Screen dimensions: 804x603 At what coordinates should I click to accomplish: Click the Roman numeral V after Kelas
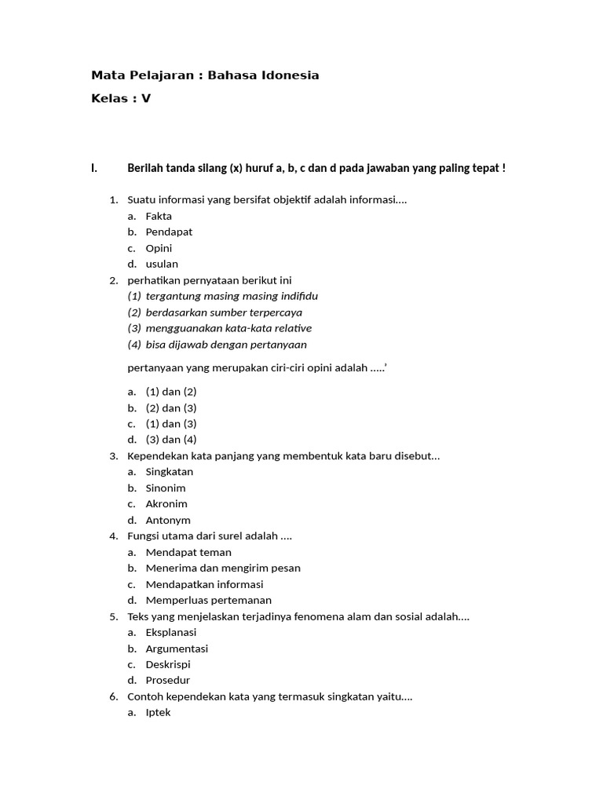(146, 99)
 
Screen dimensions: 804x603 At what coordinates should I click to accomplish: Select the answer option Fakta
(159, 216)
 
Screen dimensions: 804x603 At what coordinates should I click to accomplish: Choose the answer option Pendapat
(169, 232)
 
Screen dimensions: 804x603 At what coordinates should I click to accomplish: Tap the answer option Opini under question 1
(159, 248)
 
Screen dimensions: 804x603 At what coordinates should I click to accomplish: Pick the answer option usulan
(162, 264)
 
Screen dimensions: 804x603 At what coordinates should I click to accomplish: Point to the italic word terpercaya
(274, 312)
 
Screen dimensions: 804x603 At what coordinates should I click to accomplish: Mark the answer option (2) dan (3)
(171, 407)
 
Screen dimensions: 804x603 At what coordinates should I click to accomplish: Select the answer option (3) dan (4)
(171, 440)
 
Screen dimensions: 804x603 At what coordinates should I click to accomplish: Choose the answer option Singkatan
(170, 472)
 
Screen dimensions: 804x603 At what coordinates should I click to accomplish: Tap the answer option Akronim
(166, 504)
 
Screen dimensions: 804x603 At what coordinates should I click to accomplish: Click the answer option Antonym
(168, 520)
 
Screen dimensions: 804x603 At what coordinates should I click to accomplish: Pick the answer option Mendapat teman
(188, 552)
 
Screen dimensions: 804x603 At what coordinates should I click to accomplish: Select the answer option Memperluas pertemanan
(209, 600)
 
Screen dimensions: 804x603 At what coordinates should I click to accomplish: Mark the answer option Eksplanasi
(171, 632)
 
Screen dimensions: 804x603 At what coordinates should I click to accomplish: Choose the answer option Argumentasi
(177, 649)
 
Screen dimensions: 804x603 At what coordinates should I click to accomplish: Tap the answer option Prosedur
(168, 680)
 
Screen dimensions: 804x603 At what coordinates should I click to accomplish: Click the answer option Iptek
(158, 712)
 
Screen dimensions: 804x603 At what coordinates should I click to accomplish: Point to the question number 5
(113, 616)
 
